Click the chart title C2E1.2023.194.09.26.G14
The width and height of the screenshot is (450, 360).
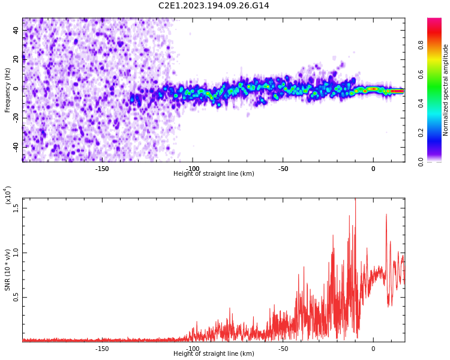click(214, 6)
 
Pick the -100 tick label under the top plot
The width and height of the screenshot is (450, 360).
click(193, 169)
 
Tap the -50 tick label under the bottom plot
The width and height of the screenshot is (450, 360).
click(283, 349)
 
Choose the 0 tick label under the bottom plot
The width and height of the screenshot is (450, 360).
click(373, 349)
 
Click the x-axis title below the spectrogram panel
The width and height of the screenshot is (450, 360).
click(214, 174)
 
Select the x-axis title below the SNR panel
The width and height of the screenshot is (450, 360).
click(214, 354)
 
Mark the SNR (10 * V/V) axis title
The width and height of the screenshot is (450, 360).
click(8, 270)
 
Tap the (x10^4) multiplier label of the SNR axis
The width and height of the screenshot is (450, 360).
click(8, 196)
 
